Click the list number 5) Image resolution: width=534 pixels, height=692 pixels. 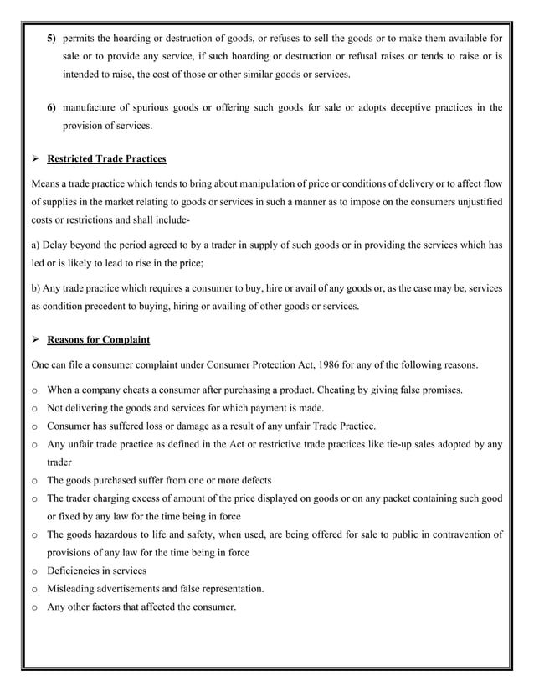click(51, 39)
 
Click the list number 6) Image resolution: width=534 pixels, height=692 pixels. click(51, 107)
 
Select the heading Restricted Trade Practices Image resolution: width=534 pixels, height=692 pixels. click(106, 158)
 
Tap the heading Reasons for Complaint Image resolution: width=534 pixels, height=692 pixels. click(98, 340)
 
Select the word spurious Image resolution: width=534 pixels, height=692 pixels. click(157, 107)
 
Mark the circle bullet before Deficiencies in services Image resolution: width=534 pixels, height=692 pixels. click(34, 571)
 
